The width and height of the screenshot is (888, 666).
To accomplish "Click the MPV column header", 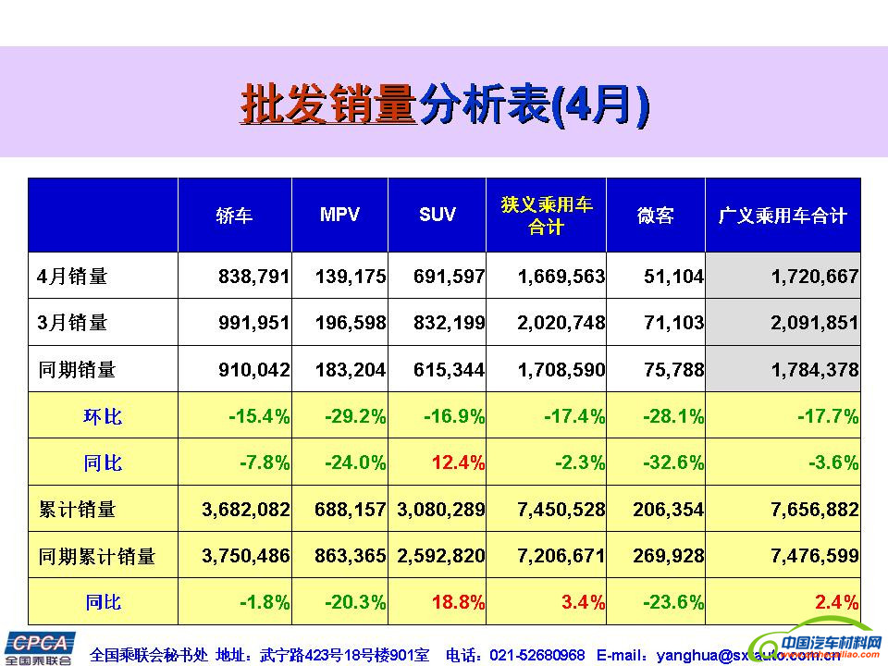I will tap(339, 215).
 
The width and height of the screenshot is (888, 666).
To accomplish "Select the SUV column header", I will tap(437, 215).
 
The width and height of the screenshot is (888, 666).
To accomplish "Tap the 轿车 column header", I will tap(234, 216).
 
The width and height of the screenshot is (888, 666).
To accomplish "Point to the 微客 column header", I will tap(655, 216).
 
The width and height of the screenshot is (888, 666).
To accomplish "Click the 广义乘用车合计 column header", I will tap(783, 216).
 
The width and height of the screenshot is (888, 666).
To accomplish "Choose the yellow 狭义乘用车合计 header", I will tap(547, 216).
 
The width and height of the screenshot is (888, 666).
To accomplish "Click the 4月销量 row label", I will tap(73, 276).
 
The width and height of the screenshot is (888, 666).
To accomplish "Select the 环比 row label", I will tap(103, 416).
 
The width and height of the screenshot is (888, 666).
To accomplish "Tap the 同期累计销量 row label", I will tap(96, 556).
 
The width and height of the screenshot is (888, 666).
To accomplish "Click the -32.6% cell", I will tap(672, 462).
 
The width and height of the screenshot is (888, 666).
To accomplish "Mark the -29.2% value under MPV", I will tap(355, 416).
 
